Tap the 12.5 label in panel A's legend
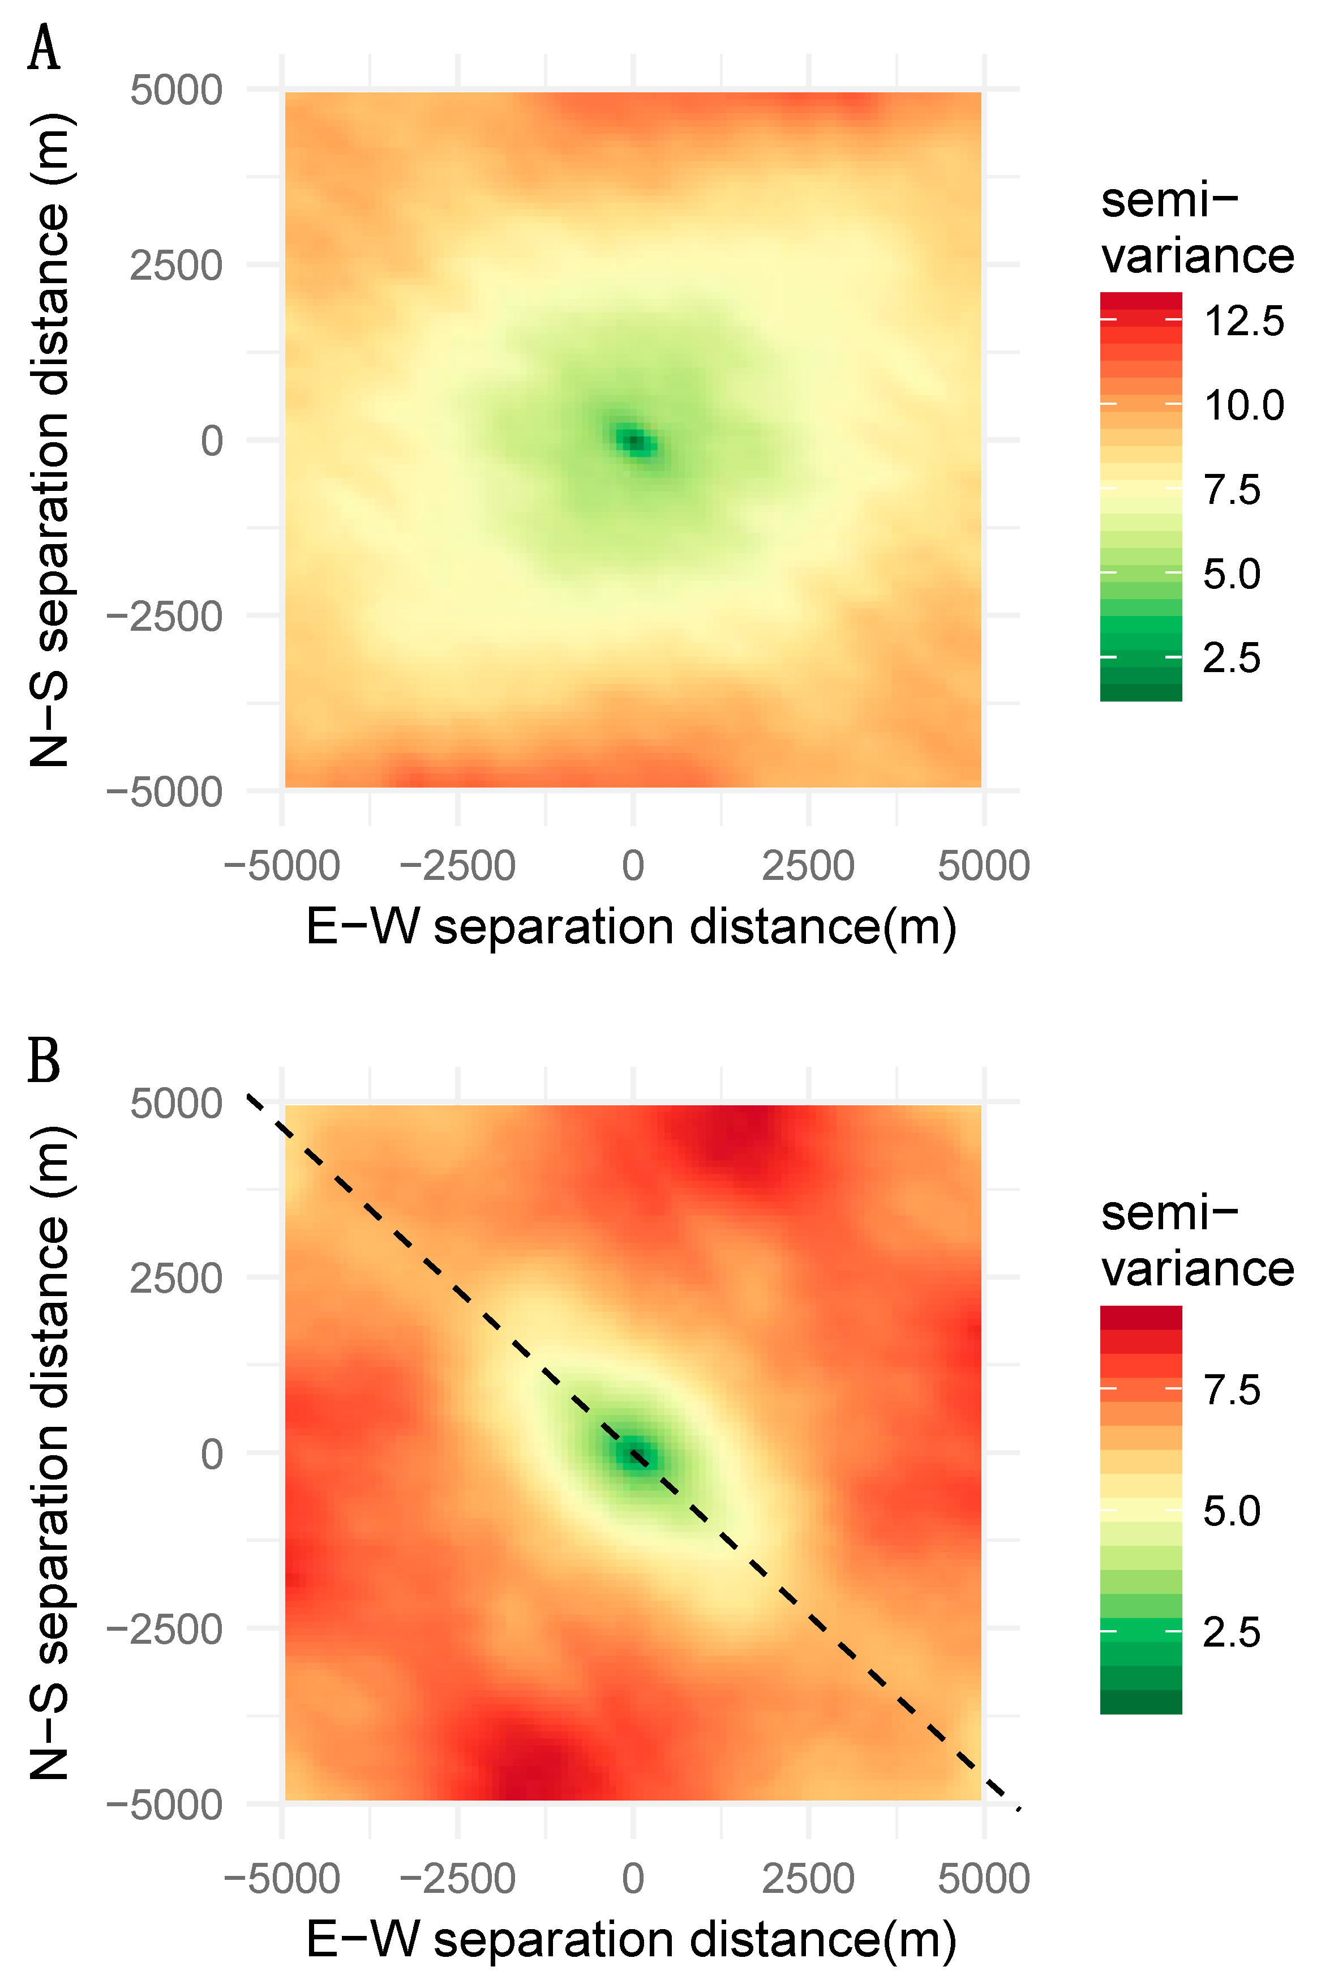(1243, 321)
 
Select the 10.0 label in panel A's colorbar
(1243, 405)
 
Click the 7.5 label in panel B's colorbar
(1231, 1390)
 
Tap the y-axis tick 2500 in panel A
(175, 266)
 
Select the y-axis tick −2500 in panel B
(164, 1630)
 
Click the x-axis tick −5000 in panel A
(281, 866)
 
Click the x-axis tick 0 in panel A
(633, 866)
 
